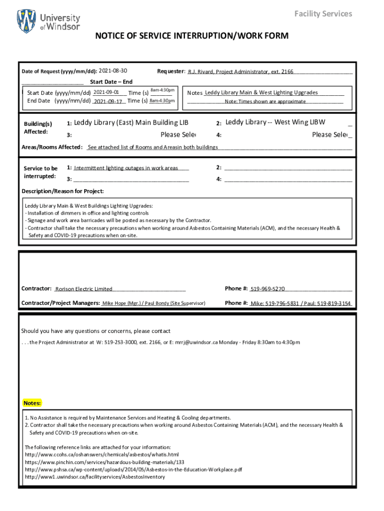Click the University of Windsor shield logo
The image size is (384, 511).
tap(26, 21)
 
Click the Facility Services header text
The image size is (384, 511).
tap(323, 13)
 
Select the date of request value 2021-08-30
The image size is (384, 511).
tap(113, 70)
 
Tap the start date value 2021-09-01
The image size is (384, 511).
tap(106, 92)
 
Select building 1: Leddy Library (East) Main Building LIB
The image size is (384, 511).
tap(131, 123)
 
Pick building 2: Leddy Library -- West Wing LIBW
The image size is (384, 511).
tap(275, 122)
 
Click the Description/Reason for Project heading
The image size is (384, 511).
tap(63, 191)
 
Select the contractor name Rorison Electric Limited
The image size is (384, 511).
tap(84, 289)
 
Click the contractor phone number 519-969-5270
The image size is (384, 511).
tap(267, 288)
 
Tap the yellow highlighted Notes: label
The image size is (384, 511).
tap(32, 403)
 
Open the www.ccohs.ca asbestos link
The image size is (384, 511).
tap(102, 455)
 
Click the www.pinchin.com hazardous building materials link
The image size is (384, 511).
tap(101, 462)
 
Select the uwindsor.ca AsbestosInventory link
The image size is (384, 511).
tap(95, 477)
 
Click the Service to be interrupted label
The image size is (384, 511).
tap(40, 172)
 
